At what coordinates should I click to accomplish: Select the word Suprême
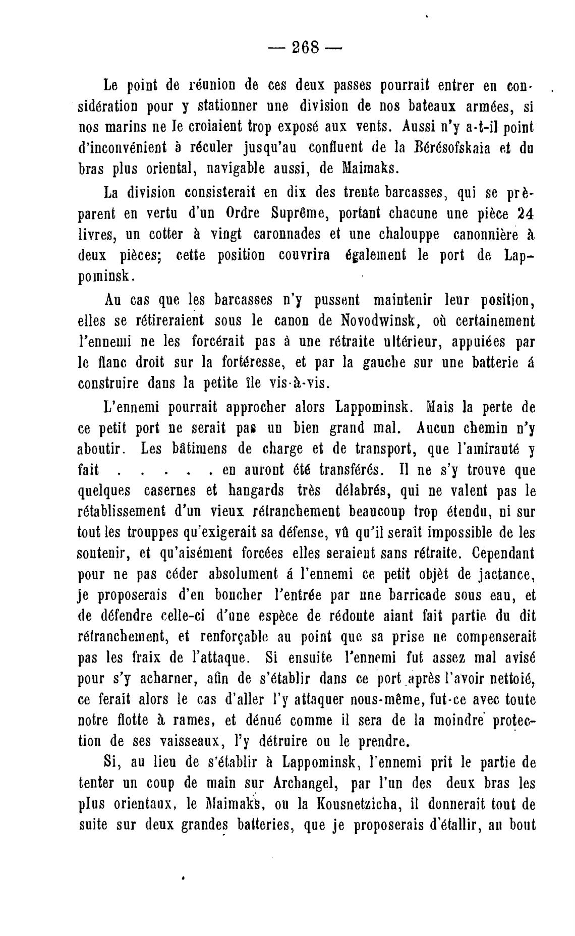293,213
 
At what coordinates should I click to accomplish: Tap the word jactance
493,574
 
